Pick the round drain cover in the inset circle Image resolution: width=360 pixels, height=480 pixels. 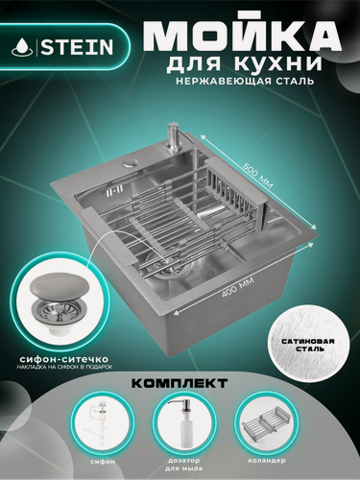pyautogui.click(x=63, y=287)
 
